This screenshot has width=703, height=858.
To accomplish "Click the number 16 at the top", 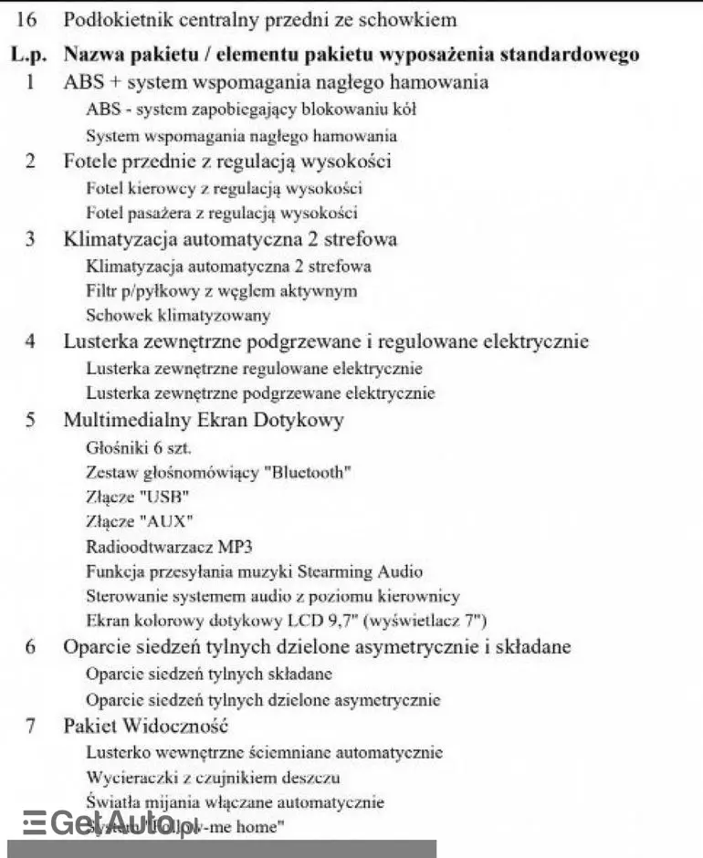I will click(x=27, y=19).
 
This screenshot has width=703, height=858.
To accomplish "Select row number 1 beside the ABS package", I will click(x=30, y=82).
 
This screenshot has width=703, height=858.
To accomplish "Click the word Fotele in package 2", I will click(x=90, y=162).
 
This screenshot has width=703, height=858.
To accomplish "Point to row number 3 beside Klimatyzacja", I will click(x=30, y=240).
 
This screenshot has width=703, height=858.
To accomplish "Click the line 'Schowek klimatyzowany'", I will click(x=178, y=316).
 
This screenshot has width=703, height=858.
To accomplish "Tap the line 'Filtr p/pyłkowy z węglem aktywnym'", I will click(x=221, y=291).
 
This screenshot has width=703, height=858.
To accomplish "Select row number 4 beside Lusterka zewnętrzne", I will click(x=30, y=342).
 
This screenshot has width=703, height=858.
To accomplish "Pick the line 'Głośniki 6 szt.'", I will click(x=139, y=448).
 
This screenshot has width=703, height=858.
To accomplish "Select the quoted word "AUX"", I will click(x=170, y=522).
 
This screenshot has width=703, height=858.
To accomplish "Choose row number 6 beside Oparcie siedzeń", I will click(x=30, y=647).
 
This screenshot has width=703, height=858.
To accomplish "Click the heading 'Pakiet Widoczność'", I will click(x=145, y=727).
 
